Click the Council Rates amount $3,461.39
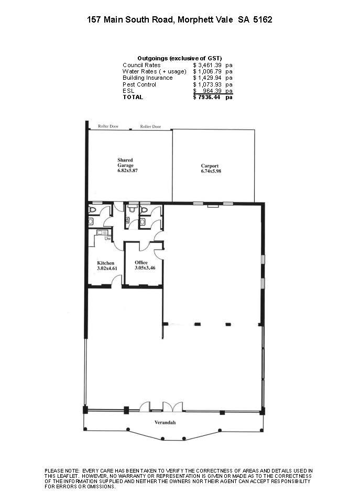207,65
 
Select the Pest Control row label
139,84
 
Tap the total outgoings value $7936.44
207,97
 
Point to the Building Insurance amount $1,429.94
207,78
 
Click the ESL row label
128,91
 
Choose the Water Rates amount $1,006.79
207,71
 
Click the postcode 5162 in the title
263,19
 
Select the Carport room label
210,166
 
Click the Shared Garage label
125,163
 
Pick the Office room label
141,262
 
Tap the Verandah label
165,422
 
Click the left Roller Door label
108,126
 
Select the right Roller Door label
150,127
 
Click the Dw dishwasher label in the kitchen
108,239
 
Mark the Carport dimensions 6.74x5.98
211,171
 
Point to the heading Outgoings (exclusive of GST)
180,58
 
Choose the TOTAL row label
133,97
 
